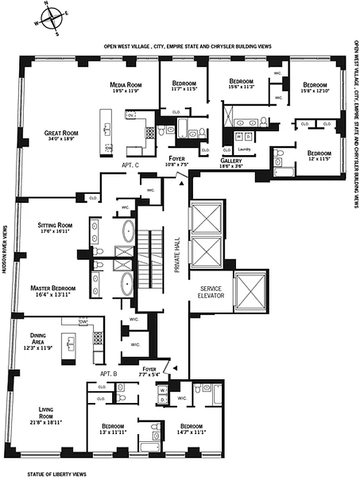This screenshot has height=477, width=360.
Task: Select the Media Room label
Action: (125, 85)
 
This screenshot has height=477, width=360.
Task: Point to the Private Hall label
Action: (177, 257)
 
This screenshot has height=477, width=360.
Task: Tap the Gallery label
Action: (231, 162)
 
